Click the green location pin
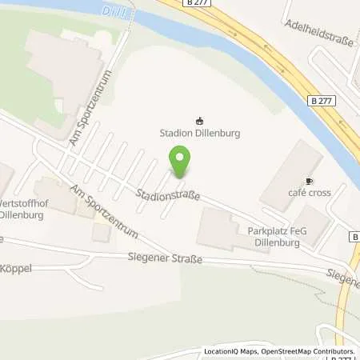(181, 162)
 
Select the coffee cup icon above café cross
(310, 181)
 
